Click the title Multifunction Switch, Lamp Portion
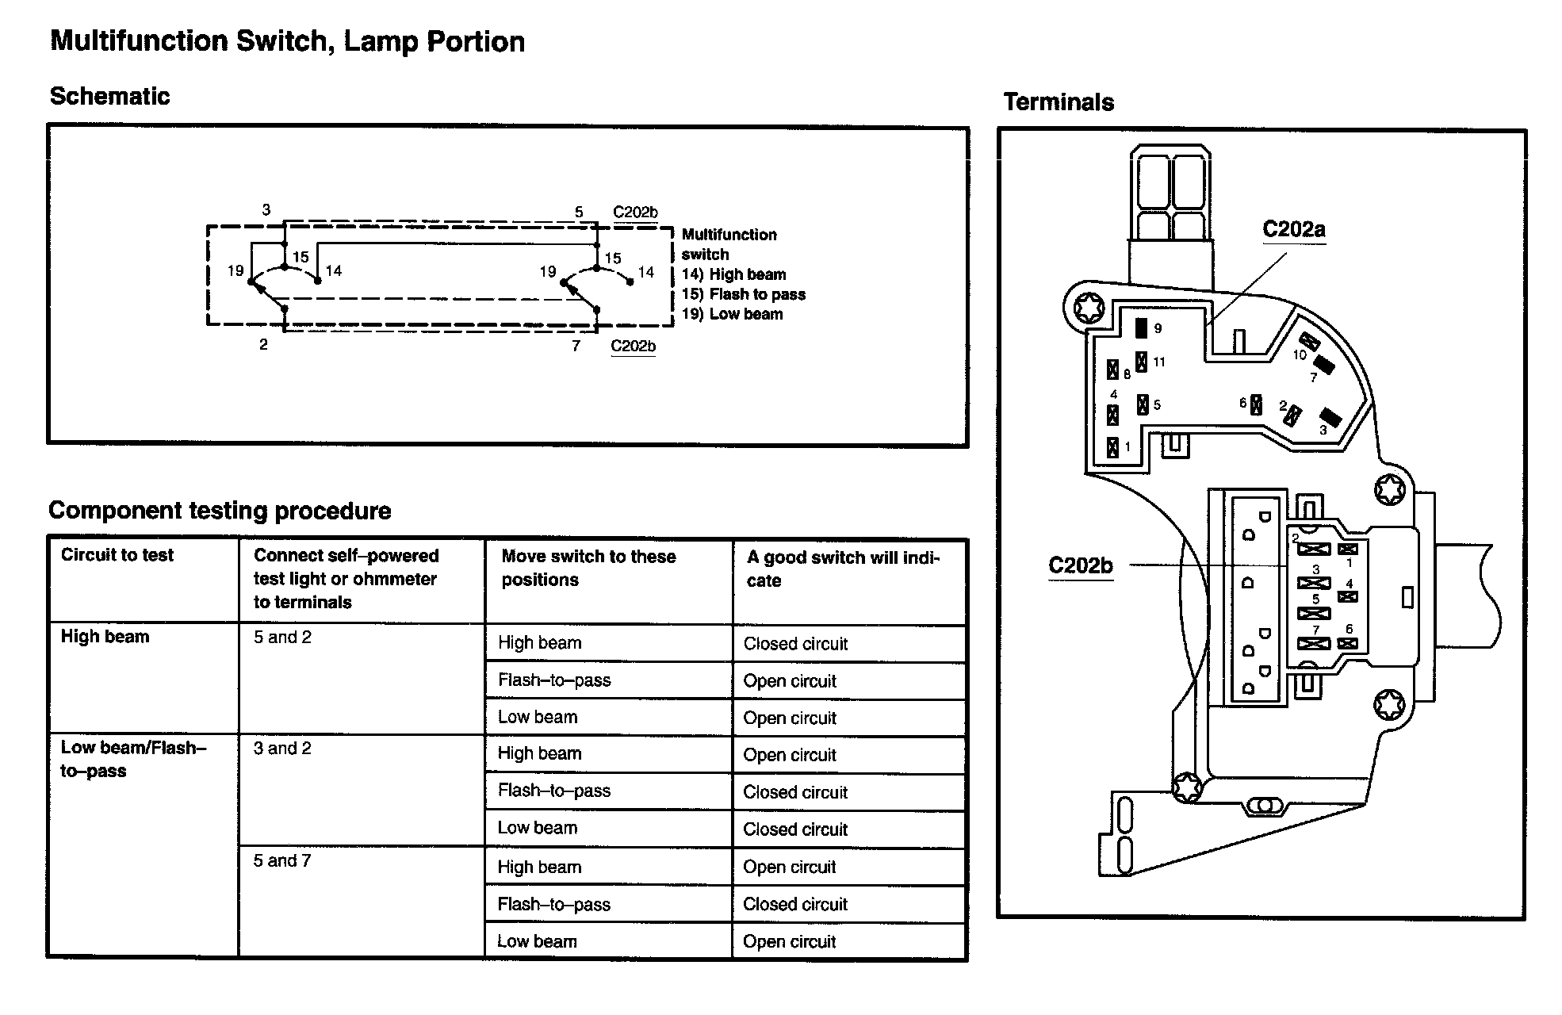coord(287,41)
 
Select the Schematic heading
coord(109,96)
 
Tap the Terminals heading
coord(1059,102)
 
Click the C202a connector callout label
coord(1293,230)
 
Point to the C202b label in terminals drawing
coord(1080,565)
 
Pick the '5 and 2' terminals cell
coord(282,638)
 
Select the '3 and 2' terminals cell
coord(282,749)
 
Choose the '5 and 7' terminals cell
coord(282,860)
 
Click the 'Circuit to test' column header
coord(117,555)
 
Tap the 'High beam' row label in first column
coord(105,637)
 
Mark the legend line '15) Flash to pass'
coord(743,294)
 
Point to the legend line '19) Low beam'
coord(732,314)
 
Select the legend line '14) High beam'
coord(733,274)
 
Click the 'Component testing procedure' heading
coord(220,511)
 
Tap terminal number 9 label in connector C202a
coord(1158,328)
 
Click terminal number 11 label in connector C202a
coord(1158,362)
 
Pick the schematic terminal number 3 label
coord(266,210)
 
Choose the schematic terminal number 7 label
coord(576,346)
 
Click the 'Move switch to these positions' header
coord(588,568)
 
